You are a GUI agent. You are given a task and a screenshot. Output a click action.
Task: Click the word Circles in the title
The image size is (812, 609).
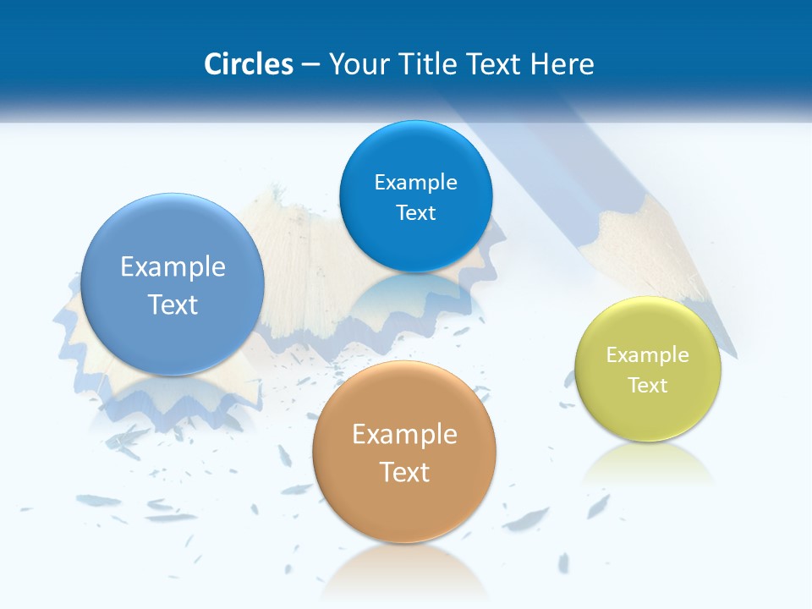pos(249,64)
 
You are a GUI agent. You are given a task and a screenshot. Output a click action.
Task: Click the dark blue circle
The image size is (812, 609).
pos(415,196)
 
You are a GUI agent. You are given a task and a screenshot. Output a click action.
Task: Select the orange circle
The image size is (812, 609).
pos(404,452)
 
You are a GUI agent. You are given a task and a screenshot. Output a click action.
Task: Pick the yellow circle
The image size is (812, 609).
pos(648,369)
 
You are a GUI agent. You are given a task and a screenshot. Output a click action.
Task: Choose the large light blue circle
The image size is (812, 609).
pos(173,284)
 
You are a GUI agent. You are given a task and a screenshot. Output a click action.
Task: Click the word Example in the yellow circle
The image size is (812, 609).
pos(648,355)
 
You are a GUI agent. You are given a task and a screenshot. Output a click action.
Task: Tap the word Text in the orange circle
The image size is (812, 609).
pos(404,472)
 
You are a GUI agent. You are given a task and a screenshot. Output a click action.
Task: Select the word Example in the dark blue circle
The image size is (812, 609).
pos(415,182)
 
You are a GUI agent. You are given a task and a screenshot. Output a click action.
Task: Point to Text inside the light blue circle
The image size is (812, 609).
pos(173,304)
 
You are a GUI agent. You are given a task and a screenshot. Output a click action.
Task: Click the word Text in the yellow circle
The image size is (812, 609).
pos(648,386)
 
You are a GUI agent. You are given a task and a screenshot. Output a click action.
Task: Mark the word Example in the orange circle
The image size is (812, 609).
pos(404,434)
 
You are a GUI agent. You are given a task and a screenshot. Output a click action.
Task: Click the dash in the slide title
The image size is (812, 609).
pos(310,65)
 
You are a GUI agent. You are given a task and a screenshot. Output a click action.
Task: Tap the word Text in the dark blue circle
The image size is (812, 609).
pos(415,213)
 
